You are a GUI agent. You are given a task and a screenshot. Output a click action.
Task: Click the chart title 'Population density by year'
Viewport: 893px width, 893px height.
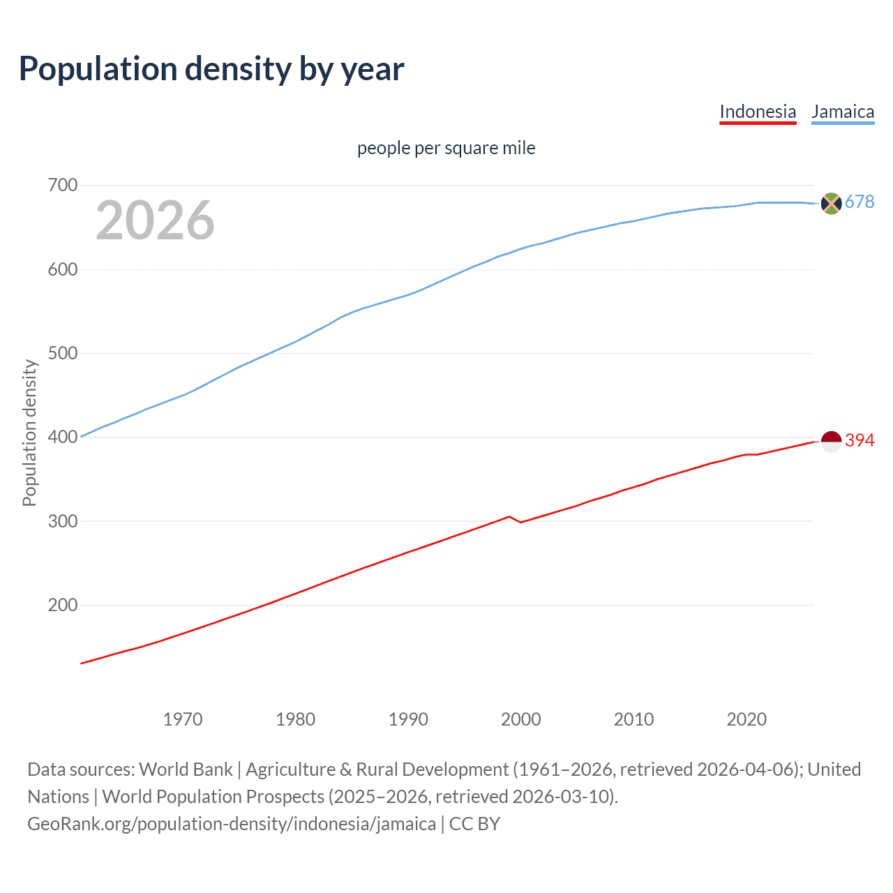211,69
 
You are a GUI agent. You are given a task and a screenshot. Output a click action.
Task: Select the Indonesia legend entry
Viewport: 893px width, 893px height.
758,112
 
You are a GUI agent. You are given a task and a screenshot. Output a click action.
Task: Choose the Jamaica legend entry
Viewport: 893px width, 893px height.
843,112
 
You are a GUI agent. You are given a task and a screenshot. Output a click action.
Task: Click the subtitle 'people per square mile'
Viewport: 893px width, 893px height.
446,148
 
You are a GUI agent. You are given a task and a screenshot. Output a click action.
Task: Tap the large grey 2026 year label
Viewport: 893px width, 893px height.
155,220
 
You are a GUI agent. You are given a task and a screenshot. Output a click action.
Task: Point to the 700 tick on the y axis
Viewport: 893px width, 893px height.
62,186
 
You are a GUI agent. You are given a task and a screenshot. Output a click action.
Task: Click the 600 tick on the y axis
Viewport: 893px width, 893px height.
62,269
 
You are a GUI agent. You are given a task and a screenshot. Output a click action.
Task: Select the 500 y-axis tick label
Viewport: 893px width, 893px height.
62,354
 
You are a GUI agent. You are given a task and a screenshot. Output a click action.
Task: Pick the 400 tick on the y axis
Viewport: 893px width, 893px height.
62,437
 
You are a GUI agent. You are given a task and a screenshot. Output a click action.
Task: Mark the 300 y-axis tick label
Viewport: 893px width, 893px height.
62,521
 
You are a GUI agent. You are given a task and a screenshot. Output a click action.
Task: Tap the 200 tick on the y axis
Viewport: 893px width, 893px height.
62,605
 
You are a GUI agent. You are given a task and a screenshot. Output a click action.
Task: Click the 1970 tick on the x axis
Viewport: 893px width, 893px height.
183,719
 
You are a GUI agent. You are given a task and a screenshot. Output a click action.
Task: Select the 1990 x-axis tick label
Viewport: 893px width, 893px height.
408,719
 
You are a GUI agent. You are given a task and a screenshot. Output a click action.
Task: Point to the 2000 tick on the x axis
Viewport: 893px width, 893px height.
521,719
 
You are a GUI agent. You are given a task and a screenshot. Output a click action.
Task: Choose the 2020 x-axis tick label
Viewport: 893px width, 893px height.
746,719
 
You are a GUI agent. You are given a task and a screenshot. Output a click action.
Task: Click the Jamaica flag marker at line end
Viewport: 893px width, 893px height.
831,203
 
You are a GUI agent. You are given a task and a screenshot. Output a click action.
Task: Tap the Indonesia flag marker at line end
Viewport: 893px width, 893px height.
831,441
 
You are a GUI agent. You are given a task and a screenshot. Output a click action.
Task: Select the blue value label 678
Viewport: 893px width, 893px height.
860,202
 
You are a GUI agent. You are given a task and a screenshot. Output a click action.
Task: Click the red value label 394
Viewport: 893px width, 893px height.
860,440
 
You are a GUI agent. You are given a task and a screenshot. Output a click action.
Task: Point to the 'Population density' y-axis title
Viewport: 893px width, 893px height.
29,433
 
